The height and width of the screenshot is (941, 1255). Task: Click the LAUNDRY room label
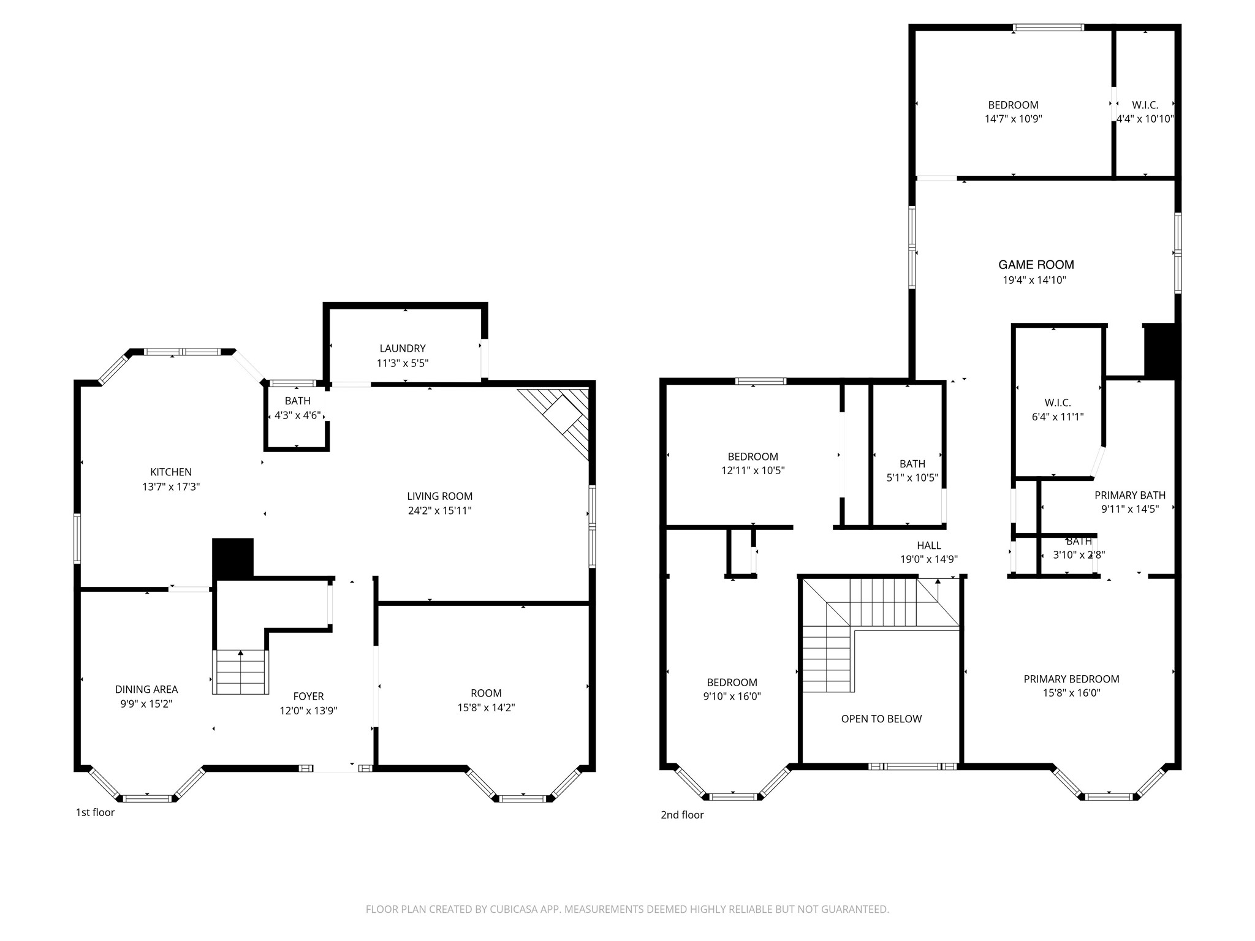tap(402, 349)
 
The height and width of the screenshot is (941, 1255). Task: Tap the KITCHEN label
tap(171, 472)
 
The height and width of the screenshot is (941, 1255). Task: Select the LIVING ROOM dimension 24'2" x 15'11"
tap(439, 510)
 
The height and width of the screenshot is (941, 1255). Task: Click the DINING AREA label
tap(146, 689)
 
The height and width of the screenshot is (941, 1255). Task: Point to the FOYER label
tap(308, 696)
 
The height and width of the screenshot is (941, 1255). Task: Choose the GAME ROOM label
tap(1036, 265)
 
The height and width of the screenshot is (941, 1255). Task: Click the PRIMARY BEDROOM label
tap(1071, 679)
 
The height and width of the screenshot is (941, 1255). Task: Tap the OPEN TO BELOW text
tap(881, 719)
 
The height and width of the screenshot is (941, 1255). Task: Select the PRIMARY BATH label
tap(1130, 495)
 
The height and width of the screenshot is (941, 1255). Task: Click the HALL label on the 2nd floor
tap(929, 545)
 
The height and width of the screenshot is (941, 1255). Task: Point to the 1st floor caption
tap(95, 812)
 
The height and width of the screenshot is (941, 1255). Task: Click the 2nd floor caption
tap(682, 815)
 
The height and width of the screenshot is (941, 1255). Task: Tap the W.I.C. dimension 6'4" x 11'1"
tap(1058, 417)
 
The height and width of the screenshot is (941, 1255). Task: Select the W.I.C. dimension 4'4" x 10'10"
tap(1145, 119)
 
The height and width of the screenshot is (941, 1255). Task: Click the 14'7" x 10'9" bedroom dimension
tap(1013, 119)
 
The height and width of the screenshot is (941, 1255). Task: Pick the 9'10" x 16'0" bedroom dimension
tap(732, 696)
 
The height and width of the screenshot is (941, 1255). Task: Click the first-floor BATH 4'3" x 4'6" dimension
tap(297, 415)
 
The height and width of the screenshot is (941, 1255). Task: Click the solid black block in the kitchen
tap(233, 558)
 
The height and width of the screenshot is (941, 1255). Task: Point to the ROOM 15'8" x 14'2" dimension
tap(486, 708)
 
